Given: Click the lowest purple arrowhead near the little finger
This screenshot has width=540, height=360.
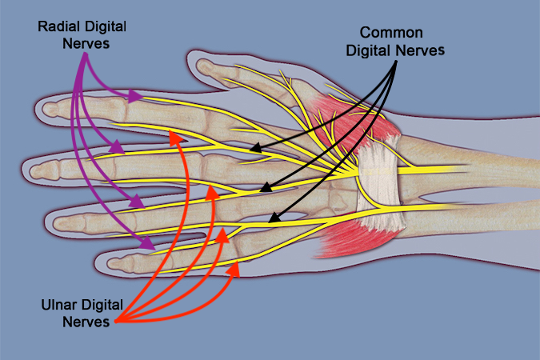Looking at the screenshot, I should pos(151,244).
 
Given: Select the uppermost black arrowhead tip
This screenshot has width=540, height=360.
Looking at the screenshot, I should pos(250,149).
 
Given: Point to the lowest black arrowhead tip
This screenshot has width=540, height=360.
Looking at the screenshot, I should pos(270,218).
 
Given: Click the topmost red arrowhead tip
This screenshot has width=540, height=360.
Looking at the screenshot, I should pos(173,137).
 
